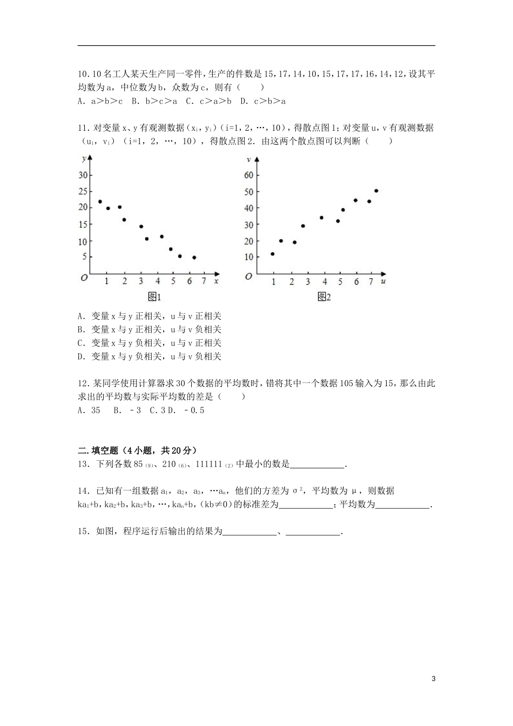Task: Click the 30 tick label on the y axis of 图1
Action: pyautogui.click(x=83, y=175)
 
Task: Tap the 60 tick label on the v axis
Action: pyautogui.click(x=249, y=175)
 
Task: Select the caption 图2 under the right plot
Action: pyautogui.click(x=324, y=297)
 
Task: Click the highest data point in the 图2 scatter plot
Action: pyautogui.click(x=376, y=191)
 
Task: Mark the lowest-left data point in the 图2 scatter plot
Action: pyautogui.click(x=272, y=254)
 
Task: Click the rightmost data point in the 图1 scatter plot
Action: pyautogui.click(x=194, y=258)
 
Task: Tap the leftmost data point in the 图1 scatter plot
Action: pyautogui.click(x=100, y=201)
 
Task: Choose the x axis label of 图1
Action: pyautogui.click(x=216, y=281)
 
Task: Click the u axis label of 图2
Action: pyautogui.click(x=383, y=281)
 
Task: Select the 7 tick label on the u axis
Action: pyautogui.click(x=371, y=281)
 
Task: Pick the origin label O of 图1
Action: pyautogui.click(x=84, y=277)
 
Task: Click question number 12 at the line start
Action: pyautogui.click(x=84, y=384)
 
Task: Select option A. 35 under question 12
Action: pyautogui.click(x=89, y=410)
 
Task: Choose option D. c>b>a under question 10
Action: pyautogui.click(x=263, y=100)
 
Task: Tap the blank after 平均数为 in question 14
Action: pyautogui.click(x=403, y=505)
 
